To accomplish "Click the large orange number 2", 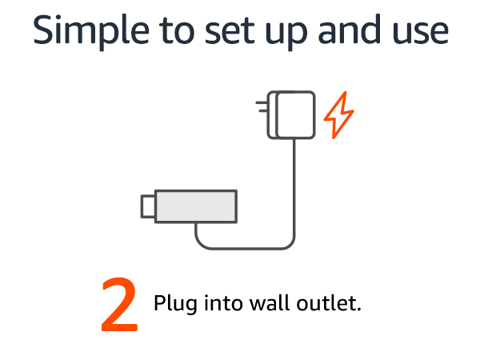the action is (x=119, y=305).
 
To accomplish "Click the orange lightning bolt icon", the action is (x=338, y=116).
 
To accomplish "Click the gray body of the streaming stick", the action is (x=196, y=206).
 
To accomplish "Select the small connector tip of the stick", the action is (x=147, y=206).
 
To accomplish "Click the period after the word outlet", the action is (x=360, y=310).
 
